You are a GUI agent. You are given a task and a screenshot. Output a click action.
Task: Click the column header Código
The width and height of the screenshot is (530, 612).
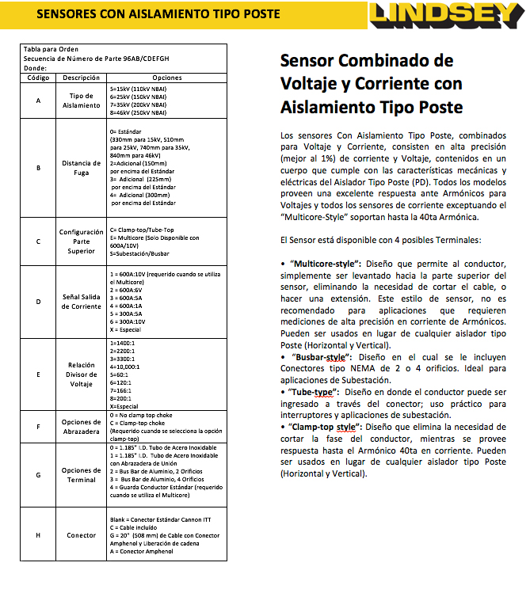tap(38, 78)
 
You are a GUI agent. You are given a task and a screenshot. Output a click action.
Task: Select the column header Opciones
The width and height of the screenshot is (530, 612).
tap(167, 78)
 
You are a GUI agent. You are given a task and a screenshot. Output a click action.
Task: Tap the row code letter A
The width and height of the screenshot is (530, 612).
tap(38, 101)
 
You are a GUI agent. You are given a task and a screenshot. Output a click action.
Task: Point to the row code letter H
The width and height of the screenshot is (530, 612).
tap(38, 535)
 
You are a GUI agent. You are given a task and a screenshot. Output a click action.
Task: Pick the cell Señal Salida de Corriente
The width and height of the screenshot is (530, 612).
tap(81, 301)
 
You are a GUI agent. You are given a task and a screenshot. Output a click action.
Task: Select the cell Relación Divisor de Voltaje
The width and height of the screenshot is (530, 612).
tap(81, 374)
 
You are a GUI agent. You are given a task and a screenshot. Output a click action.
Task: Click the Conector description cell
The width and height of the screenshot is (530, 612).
tap(81, 535)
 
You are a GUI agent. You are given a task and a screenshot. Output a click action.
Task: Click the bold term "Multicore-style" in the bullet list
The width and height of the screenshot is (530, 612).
tap(326, 262)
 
